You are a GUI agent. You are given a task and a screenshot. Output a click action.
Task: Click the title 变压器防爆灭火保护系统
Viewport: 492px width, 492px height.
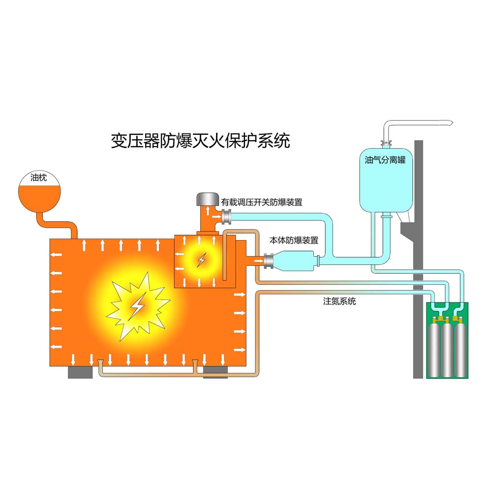coord(200,141)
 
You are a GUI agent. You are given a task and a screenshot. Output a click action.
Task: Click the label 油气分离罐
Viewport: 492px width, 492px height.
coord(385,160)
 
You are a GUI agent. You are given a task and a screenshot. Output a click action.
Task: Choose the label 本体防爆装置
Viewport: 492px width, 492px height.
coord(293,241)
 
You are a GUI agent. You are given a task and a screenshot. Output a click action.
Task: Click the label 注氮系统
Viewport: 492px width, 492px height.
coord(339,301)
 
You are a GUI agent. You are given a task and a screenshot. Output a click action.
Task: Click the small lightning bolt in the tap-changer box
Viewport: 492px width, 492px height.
coord(201,259)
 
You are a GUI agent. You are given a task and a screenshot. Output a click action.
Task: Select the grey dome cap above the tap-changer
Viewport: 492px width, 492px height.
coord(207,199)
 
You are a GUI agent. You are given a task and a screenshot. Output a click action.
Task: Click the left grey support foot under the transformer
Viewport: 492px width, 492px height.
coord(80,372)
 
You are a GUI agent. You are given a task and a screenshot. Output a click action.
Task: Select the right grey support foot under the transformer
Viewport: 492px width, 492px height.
coord(215,372)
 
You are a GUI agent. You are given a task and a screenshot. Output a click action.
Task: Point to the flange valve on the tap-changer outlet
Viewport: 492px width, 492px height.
coord(227,215)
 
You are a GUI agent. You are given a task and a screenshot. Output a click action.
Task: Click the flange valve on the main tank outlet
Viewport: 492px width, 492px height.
coord(269,261)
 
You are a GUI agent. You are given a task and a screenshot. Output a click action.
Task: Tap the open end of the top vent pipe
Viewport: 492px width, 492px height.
coord(449,122)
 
